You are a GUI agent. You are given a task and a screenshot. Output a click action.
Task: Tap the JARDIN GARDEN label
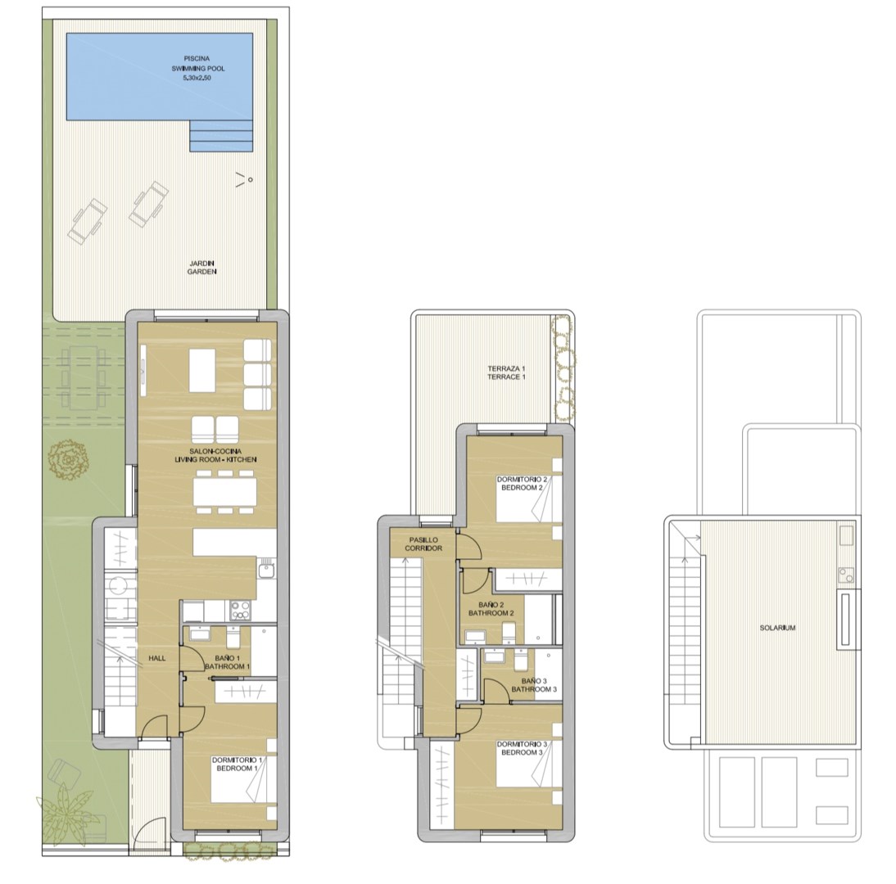[x=202, y=268]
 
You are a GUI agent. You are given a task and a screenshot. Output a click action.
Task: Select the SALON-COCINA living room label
[x=215, y=455]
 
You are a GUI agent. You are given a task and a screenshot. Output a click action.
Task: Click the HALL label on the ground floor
[x=157, y=658]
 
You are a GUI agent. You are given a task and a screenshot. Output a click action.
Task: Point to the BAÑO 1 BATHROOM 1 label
[x=228, y=662]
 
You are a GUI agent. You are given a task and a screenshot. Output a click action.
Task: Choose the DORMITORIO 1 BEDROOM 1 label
[x=237, y=764]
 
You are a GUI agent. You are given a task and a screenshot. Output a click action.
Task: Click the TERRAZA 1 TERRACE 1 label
[x=506, y=373]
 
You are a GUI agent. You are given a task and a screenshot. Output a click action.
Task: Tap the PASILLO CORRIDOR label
[x=423, y=543]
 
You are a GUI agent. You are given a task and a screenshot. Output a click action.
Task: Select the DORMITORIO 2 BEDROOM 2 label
[x=522, y=484]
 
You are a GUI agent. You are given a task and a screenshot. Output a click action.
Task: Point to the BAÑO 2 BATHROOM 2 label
[x=491, y=609]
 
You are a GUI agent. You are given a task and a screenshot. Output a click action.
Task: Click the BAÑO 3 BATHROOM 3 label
[x=534, y=685]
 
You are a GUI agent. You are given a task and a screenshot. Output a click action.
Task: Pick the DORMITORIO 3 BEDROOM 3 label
[x=522, y=748]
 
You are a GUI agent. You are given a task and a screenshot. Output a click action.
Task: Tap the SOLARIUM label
[x=777, y=628]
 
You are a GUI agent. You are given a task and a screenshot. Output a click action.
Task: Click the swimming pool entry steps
[x=221, y=136]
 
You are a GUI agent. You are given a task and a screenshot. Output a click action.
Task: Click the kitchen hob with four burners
[x=239, y=611]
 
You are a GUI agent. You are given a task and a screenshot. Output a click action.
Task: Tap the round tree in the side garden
[x=69, y=460]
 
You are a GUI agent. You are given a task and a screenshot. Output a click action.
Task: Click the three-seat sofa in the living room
[x=258, y=375]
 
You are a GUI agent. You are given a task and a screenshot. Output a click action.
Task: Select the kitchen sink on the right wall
[x=265, y=571]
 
